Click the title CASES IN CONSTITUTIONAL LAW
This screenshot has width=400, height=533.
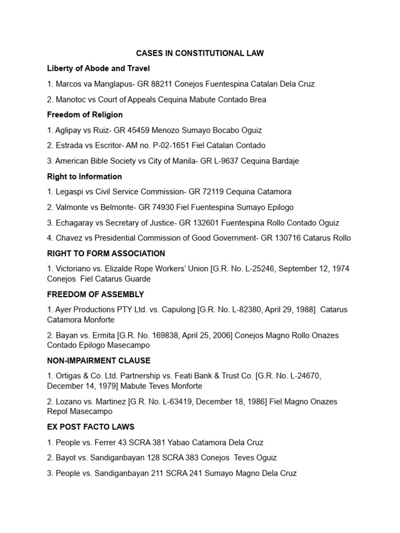pos(200,53)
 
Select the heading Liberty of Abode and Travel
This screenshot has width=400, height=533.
pos(98,68)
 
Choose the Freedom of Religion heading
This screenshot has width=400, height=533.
pos(85,115)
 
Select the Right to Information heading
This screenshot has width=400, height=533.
pos(84,176)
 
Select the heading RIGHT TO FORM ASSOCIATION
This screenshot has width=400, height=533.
pos(106,253)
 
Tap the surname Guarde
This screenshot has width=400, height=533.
pos(137,278)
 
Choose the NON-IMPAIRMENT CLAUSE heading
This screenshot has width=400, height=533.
pos(98,361)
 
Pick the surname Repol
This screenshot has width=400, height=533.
pos(58,411)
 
